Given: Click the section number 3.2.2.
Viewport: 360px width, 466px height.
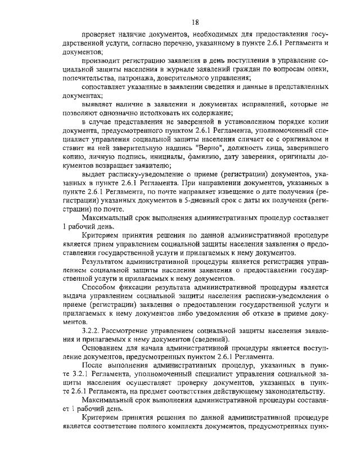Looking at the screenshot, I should tap(91, 331).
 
